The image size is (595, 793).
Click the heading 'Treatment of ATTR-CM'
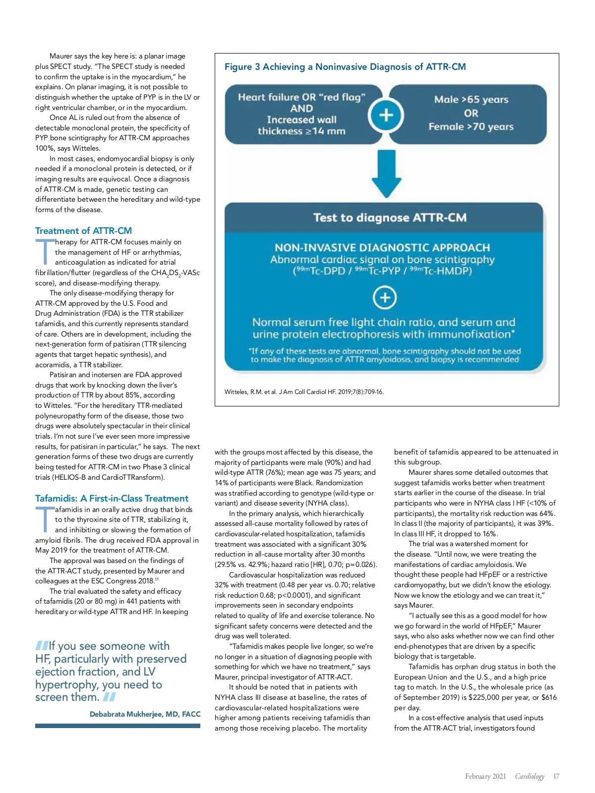[x=83, y=231]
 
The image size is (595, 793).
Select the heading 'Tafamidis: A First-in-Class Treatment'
[x=112, y=499]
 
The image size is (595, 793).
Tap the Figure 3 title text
[x=345, y=67]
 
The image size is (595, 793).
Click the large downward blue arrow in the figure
[x=386, y=174]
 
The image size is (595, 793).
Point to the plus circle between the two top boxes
[x=386, y=115]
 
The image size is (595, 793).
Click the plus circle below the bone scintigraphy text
[x=385, y=298]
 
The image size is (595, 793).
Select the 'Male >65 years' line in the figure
[x=471, y=100]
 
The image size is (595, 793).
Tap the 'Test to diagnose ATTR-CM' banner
[x=390, y=218]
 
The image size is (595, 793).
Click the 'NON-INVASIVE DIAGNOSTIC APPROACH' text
[x=382, y=248]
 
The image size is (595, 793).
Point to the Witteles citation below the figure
[x=304, y=392]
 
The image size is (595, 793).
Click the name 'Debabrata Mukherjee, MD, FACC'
[x=145, y=714]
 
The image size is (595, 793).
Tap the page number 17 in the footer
[x=556, y=777]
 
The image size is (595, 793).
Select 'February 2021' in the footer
[x=485, y=777]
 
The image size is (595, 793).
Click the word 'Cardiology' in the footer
[x=530, y=777]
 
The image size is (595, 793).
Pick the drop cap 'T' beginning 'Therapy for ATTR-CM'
[x=44, y=252]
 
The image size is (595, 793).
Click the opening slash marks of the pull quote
[x=42, y=646]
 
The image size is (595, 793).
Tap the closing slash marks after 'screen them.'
[x=110, y=697]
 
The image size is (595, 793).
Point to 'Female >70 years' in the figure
[x=471, y=127]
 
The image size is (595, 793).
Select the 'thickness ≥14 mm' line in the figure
[x=301, y=131]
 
